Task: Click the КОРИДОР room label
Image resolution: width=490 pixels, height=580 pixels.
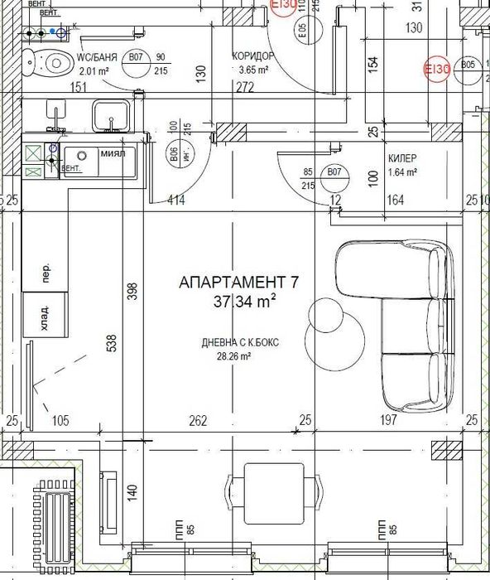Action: (253, 56)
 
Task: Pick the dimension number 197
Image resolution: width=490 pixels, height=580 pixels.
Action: (387, 421)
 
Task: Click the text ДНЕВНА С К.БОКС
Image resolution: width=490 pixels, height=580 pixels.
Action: (233, 343)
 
